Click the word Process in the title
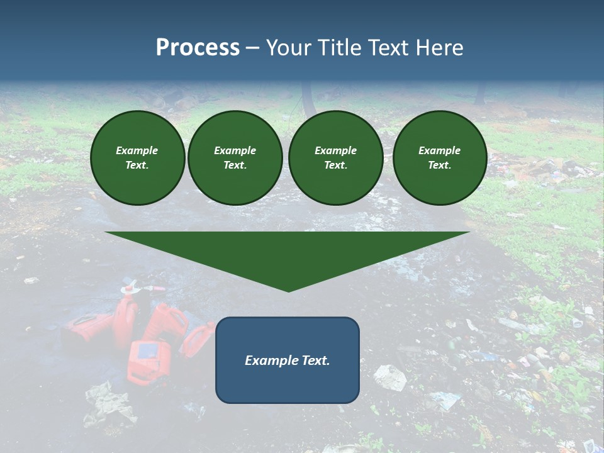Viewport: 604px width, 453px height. coord(198,48)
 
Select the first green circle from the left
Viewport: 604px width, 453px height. coord(137,158)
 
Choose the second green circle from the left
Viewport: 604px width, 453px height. coord(235,158)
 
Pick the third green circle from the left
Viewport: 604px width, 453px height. coord(335,158)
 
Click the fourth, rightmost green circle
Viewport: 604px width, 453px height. coord(440,158)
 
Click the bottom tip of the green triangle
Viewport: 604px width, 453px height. coord(288,290)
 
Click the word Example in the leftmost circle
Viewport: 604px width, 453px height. coord(137,150)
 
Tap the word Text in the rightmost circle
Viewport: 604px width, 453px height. coord(440,165)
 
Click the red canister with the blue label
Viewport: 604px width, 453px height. coord(148,361)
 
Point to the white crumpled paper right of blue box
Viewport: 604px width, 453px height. coord(390,377)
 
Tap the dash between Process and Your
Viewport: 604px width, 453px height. coord(253,48)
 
